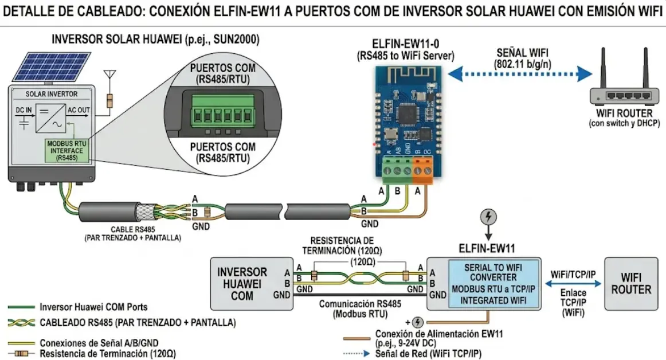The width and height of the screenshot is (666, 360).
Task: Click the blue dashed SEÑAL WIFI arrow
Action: pyautogui.click(x=520, y=73)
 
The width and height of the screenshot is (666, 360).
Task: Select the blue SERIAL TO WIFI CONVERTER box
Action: pyautogui.click(x=493, y=283)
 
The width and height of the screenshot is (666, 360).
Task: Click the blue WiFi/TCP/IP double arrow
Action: pyautogui.click(x=573, y=283)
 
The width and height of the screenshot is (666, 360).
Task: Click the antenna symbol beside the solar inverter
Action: pyautogui.click(x=108, y=77)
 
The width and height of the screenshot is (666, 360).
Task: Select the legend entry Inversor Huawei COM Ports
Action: pyautogui.click(x=93, y=307)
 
